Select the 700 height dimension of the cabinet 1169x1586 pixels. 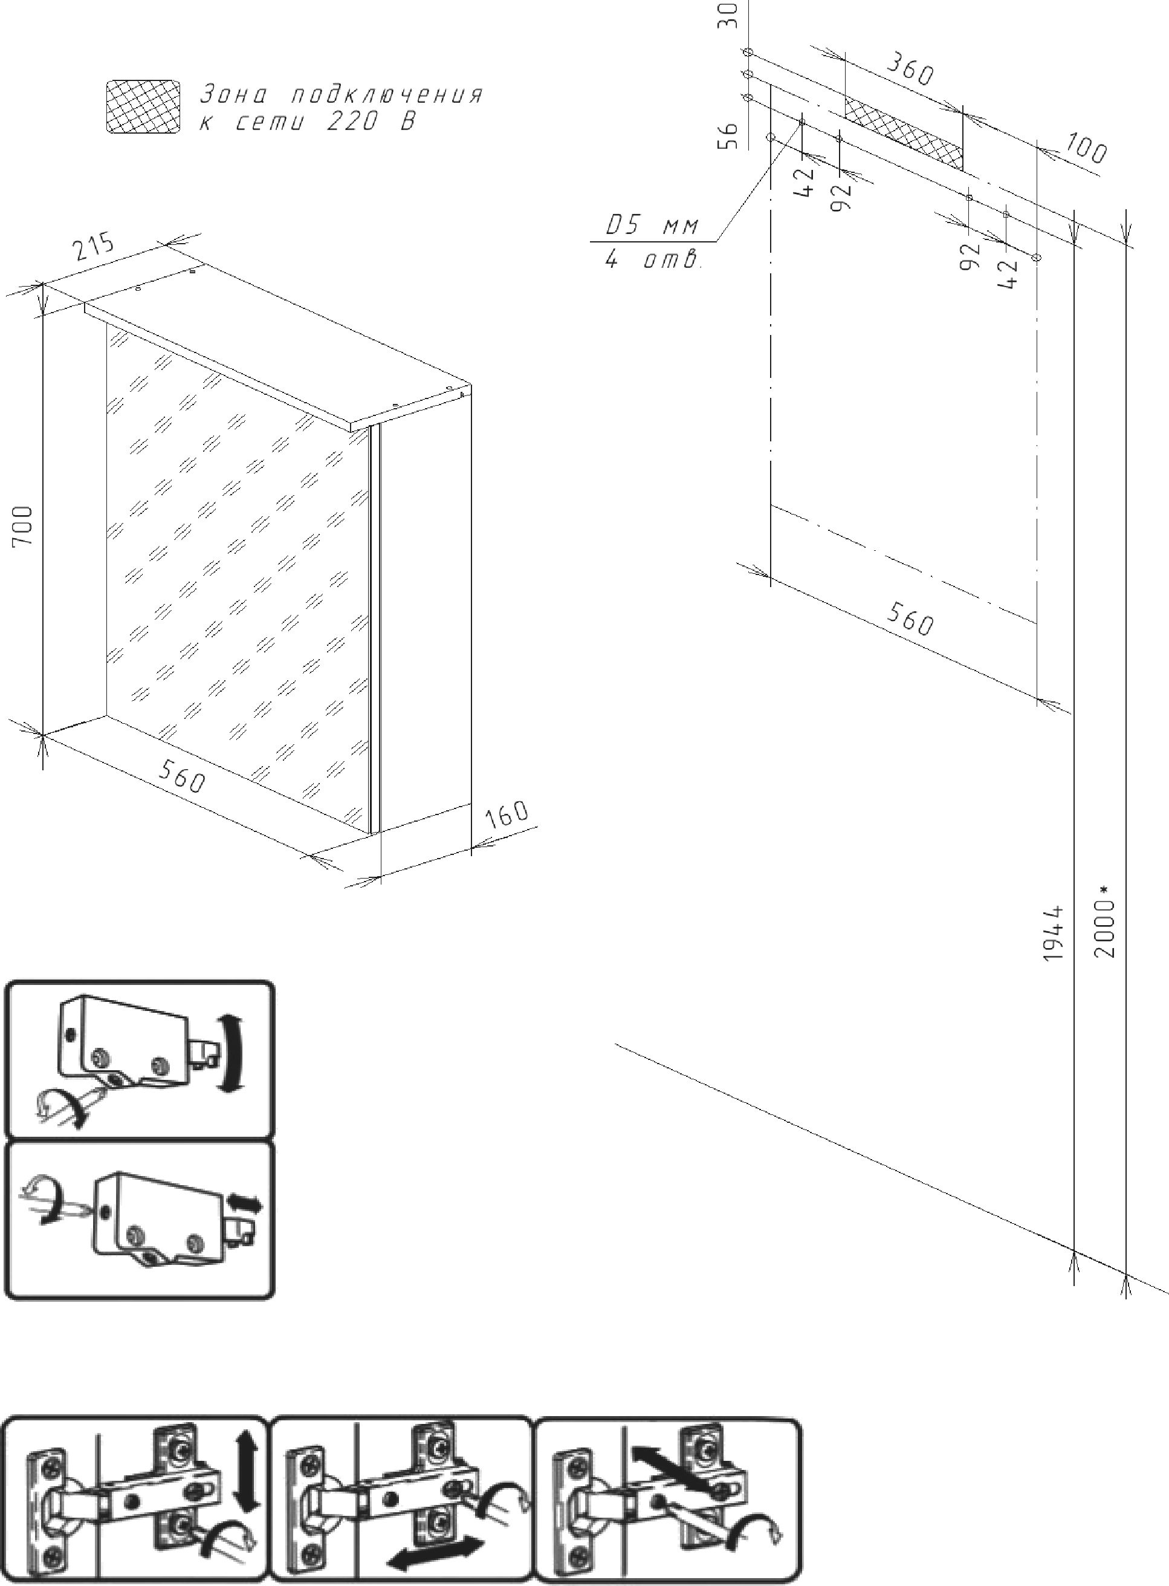pos(24,525)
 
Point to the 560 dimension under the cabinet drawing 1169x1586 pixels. pos(181,776)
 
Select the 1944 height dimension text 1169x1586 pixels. pos(1054,933)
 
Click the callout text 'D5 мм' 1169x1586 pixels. pos(652,226)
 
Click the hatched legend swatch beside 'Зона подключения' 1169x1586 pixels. pos(142,107)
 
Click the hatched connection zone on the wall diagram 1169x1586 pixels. pos(904,133)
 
